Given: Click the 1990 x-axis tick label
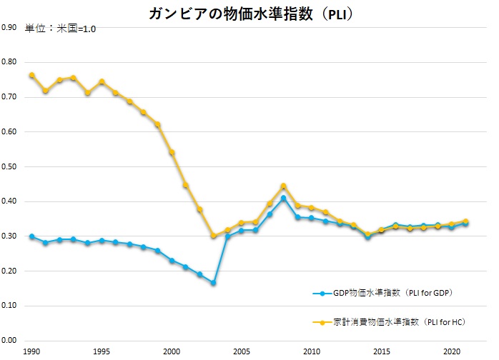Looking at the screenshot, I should coord(32,352).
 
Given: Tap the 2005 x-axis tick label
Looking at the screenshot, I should coord(242,352).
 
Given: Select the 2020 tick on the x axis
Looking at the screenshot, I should coord(451,352).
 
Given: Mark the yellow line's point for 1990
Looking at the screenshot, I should coord(32,75).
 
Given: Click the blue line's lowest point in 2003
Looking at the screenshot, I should coord(213,283).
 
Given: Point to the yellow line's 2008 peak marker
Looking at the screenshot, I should coord(283,186).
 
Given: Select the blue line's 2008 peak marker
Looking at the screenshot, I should coord(283,198).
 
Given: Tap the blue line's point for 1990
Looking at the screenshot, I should coord(32,236).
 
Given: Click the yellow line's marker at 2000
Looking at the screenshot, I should coord(172,152).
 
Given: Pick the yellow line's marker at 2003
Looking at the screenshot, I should coord(213,236).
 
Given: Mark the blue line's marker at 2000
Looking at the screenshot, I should coord(172,261).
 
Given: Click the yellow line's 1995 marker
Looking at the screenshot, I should coord(102,81).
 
